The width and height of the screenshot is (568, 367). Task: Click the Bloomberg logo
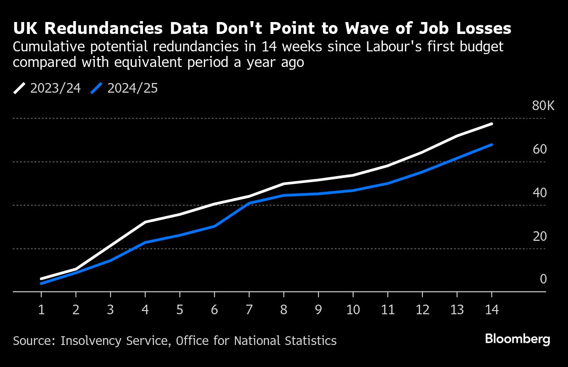pyautogui.click(x=518, y=339)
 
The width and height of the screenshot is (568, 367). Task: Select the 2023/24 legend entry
pyautogui.click(x=47, y=88)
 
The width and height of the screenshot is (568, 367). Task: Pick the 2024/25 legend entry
pyautogui.click(x=125, y=88)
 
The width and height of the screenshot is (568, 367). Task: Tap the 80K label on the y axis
pyautogui.click(x=543, y=106)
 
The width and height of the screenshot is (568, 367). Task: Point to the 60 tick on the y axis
pyautogui.click(x=540, y=150)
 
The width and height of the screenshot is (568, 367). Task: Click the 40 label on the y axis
pyautogui.click(x=540, y=193)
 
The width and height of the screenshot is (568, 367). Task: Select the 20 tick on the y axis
pyautogui.click(x=540, y=236)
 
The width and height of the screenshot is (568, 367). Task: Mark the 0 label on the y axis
pyautogui.click(x=543, y=279)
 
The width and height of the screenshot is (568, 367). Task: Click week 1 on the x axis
pyautogui.click(x=41, y=310)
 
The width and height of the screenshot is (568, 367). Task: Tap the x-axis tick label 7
pyautogui.click(x=249, y=310)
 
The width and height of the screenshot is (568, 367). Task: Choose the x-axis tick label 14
pyautogui.click(x=492, y=310)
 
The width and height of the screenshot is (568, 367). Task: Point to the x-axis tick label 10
pyautogui.click(x=353, y=310)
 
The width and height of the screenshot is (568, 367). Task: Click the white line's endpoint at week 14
pyautogui.click(x=492, y=124)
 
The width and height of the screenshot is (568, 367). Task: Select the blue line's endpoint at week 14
pyautogui.click(x=492, y=145)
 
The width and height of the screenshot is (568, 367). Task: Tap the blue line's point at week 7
pyautogui.click(x=249, y=203)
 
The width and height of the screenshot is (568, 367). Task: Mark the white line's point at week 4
pyautogui.click(x=145, y=222)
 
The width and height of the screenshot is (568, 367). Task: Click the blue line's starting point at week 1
pyautogui.click(x=41, y=284)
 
